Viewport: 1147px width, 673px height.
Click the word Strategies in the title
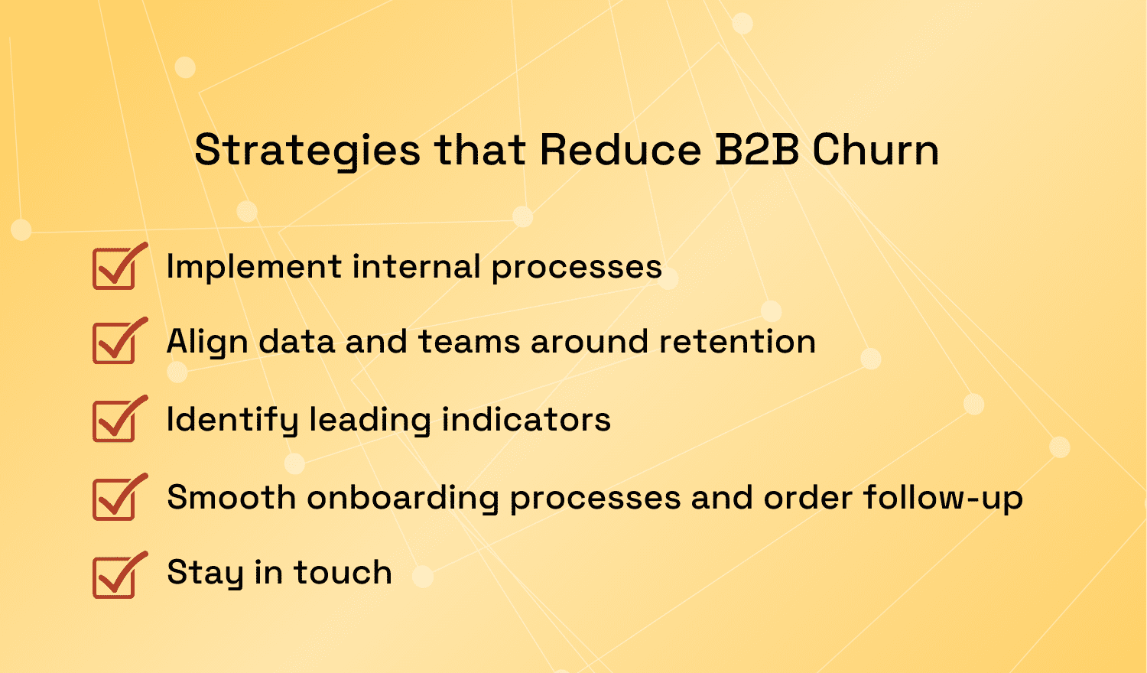(x=307, y=150)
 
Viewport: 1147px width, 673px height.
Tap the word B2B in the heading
(x=757, y=150)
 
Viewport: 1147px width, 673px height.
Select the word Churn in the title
(x=876, y=150)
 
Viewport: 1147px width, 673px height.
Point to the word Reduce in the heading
(x=620, y=150)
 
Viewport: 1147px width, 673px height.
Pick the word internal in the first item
(x=416, y=267)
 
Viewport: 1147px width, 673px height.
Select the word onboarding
(x=403, y=498)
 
